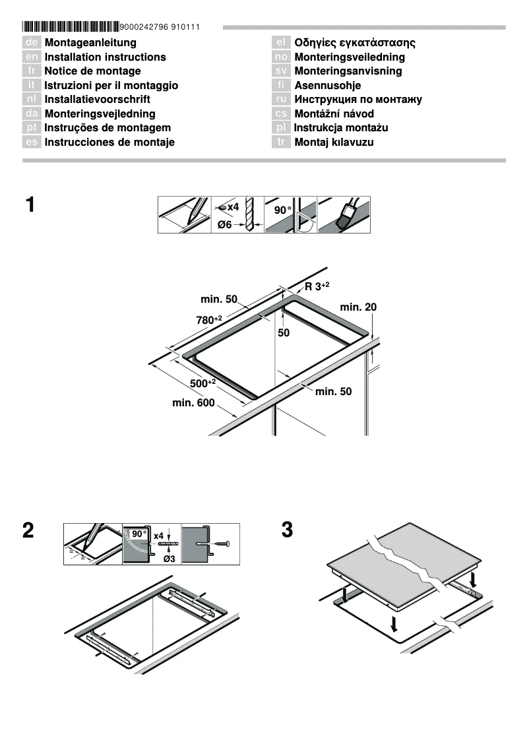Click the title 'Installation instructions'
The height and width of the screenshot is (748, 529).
click(105, 57)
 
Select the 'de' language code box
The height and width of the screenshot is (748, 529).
click(31, 43)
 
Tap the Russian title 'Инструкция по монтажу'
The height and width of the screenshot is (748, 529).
click(358, 100)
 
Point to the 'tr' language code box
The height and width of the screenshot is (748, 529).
click(281, 142)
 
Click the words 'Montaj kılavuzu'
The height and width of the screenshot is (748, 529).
click(334, 142)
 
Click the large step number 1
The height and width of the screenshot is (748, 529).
click(30, 205)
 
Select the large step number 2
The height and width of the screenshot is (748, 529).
click(28, 531)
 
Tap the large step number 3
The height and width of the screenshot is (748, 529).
click(287, 531)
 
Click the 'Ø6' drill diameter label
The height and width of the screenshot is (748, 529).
click(226, 225)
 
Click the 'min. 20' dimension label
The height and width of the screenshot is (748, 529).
click(358, 307)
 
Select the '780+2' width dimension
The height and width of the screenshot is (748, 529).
click(209, 320)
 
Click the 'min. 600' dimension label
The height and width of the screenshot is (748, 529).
click(193, 403)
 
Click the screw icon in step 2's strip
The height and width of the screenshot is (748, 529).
click(220, 543)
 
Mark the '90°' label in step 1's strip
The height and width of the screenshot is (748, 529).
click(282, 210)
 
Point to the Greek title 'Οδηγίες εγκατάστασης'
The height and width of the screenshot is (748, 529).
click(355, 43)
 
